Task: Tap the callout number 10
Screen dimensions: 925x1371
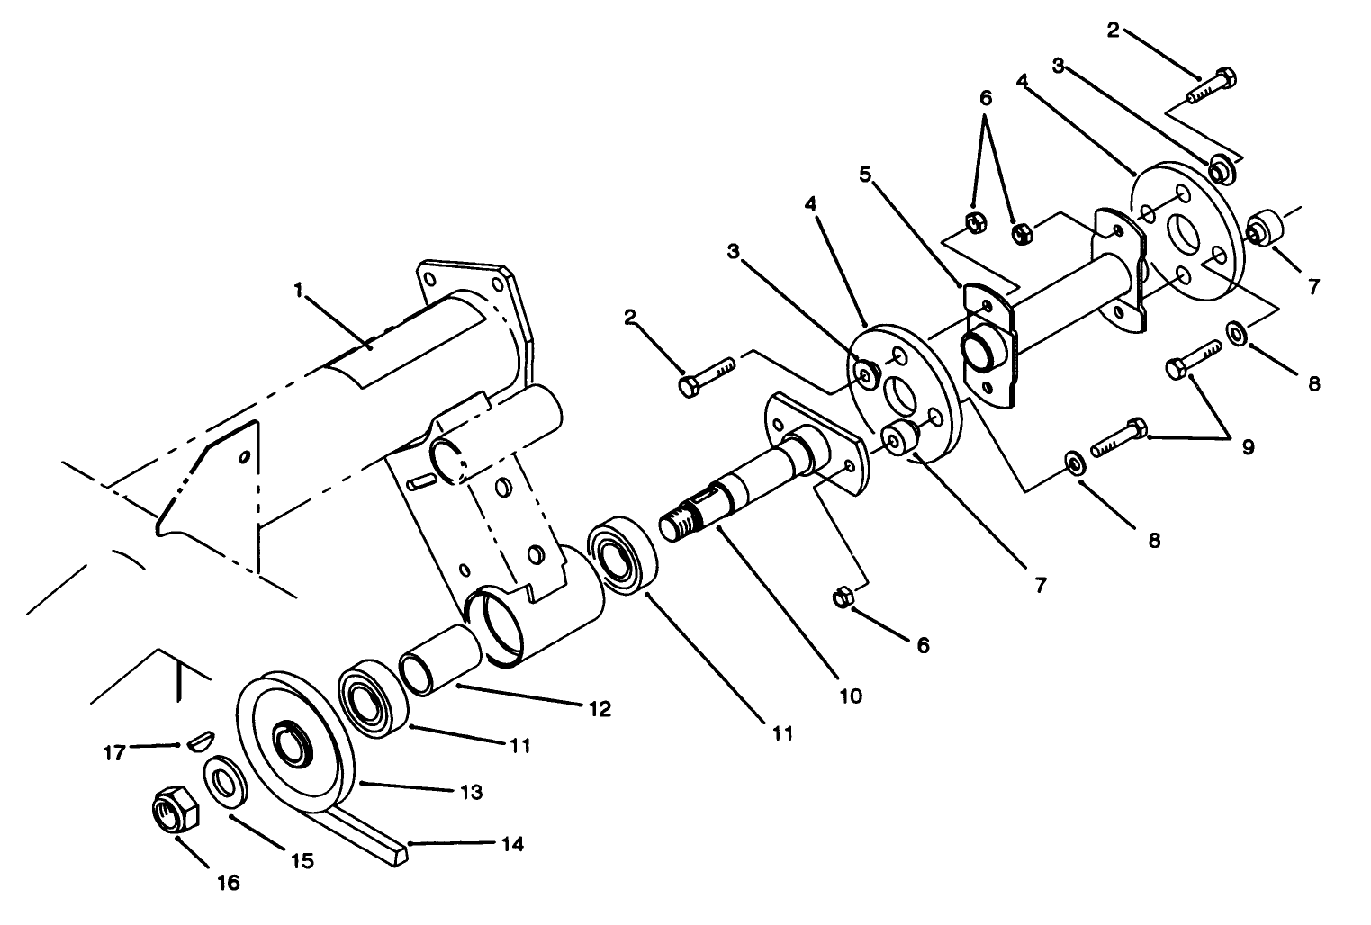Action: tap(850, 695)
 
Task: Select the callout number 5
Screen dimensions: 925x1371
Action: tap(865, 174)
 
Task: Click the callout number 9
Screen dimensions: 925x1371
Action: tap(1248, 445)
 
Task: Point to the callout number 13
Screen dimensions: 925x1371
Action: tap(471, 792)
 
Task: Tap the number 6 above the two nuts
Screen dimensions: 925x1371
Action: tap(986, 97)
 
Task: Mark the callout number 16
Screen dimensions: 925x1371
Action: tap(229, 883)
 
